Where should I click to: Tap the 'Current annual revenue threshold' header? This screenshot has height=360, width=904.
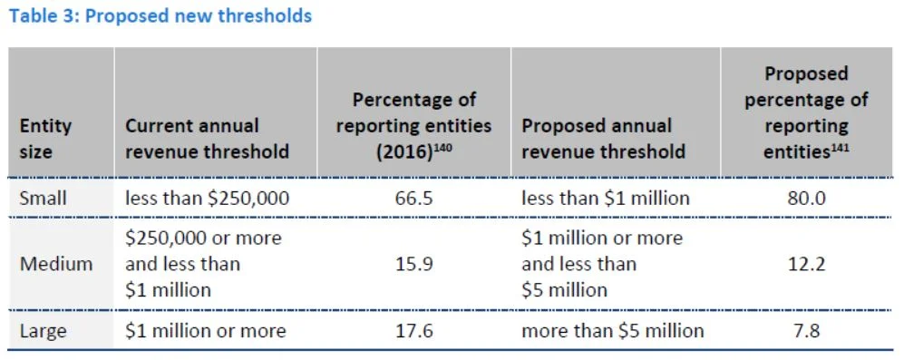pos(207,138)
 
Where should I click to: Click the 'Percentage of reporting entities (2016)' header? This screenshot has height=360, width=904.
pos(413,125)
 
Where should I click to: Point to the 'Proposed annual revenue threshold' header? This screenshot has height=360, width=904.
pos(603,138)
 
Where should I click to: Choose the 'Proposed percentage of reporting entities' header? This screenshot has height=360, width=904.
pos(806,112)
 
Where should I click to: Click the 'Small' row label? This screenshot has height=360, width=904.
pos(43,198)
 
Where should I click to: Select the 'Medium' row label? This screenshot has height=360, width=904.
pos(56,264)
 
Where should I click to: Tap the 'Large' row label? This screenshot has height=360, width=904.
pos(43,331)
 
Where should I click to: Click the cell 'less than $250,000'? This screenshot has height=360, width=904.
pos(207,198)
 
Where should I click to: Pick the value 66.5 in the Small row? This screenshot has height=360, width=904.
pos(413,198)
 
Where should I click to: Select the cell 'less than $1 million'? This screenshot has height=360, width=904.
pos(606,198)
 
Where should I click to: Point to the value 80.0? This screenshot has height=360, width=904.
pos(806,198)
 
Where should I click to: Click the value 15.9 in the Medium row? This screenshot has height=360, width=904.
pos(413,264)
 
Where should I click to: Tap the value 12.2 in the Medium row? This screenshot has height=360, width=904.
pos(806,264)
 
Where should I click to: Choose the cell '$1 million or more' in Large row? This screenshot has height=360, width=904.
pos(205,331)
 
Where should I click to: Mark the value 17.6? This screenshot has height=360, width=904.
pos(413,331)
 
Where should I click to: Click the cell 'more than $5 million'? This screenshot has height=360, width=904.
pos(612,331)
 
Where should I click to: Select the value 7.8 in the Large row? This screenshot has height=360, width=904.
pos(806,331)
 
